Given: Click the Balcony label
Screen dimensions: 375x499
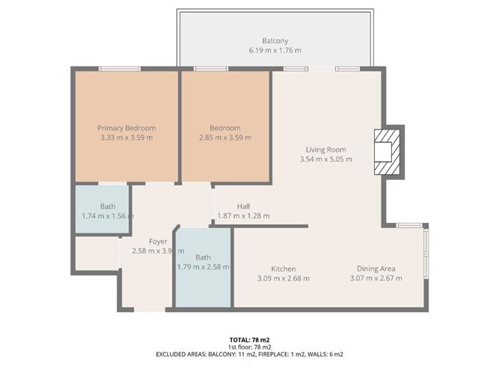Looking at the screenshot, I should [x=275, y=40].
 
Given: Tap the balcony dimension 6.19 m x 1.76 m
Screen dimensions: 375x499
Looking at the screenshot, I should [x=275, y=50].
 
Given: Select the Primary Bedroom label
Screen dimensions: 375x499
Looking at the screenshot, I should [x=126, y=128].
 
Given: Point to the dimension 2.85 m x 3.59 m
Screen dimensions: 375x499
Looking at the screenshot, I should [x=225, y=138].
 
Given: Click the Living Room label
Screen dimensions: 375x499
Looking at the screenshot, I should [x=325, y=149].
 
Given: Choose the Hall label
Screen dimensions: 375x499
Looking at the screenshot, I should [x=243, y=206].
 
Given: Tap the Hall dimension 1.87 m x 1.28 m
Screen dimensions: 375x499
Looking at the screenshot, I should [x=243, y=216].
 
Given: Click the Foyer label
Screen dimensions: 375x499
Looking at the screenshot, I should [x=158, y=242].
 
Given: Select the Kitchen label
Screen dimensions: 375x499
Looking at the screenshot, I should [x=284, y=269].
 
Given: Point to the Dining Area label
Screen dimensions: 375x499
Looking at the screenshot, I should [x=376, y=269].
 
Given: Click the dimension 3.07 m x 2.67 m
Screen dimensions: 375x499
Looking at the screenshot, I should [x=376, y=278].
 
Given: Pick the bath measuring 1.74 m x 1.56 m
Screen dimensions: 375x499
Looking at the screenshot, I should [x=103, y=211].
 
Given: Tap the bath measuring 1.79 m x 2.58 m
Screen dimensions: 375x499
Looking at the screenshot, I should [x=203, y=261].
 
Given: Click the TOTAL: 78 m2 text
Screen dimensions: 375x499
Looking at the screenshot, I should [x=249, y=340].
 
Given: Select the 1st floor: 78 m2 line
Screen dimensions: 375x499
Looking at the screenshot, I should [x=249, y=347].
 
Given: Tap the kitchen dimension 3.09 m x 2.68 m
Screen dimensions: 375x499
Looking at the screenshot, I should [x=284, y=278].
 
